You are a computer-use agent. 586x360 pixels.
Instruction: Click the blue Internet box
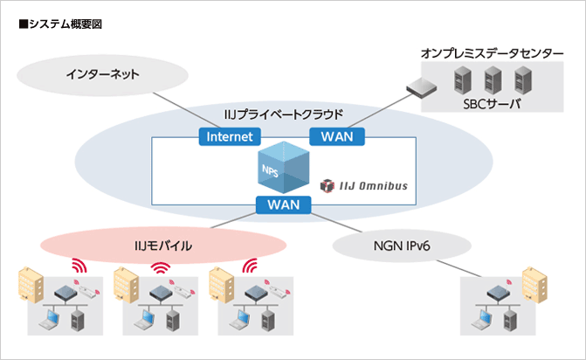click(x=230, y=136)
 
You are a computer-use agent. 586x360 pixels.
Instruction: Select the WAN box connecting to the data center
click(x=337, y=136)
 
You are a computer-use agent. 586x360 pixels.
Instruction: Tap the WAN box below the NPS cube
click(x=284, y=205)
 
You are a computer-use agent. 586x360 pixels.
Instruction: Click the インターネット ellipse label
click(x=102, y=75)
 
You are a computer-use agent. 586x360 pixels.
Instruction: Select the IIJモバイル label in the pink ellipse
click(x=164, y=247)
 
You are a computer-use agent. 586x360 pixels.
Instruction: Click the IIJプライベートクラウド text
click(x=283, y=114)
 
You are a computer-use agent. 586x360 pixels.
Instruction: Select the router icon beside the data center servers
click(x=420, y=86)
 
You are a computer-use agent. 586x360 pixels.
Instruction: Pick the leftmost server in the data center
click(x=460, y=81)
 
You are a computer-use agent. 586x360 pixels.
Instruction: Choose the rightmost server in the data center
click(x=523, y=81)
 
